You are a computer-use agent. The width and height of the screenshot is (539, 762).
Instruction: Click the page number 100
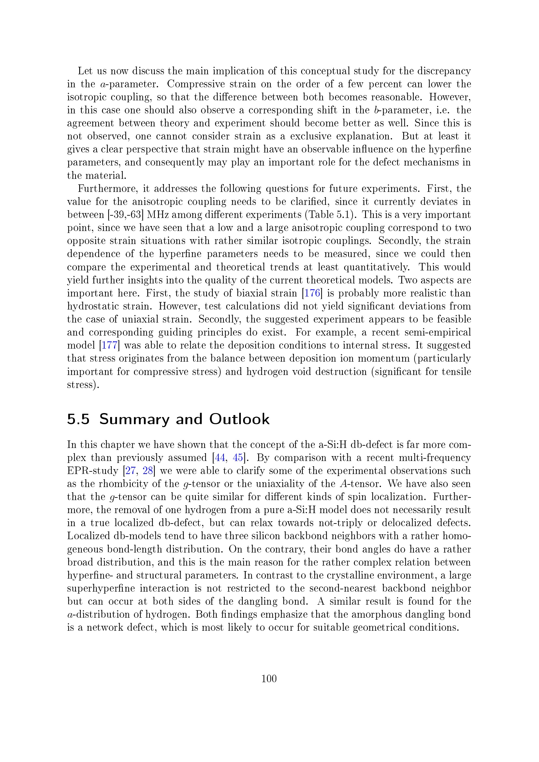(x=269, y=678)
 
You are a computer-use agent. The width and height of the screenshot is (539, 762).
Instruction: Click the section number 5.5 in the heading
(x=78, y=419)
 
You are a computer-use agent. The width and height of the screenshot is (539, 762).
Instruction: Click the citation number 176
(x=312, y=293)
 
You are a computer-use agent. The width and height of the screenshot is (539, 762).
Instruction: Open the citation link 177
(x=109, y=345)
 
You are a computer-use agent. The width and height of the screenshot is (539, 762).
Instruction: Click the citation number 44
(x=220, y=458)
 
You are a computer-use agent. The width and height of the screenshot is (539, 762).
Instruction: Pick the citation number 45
(x=238, y=458)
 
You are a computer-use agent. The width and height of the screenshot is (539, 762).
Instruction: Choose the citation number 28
(x=147, y=471)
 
